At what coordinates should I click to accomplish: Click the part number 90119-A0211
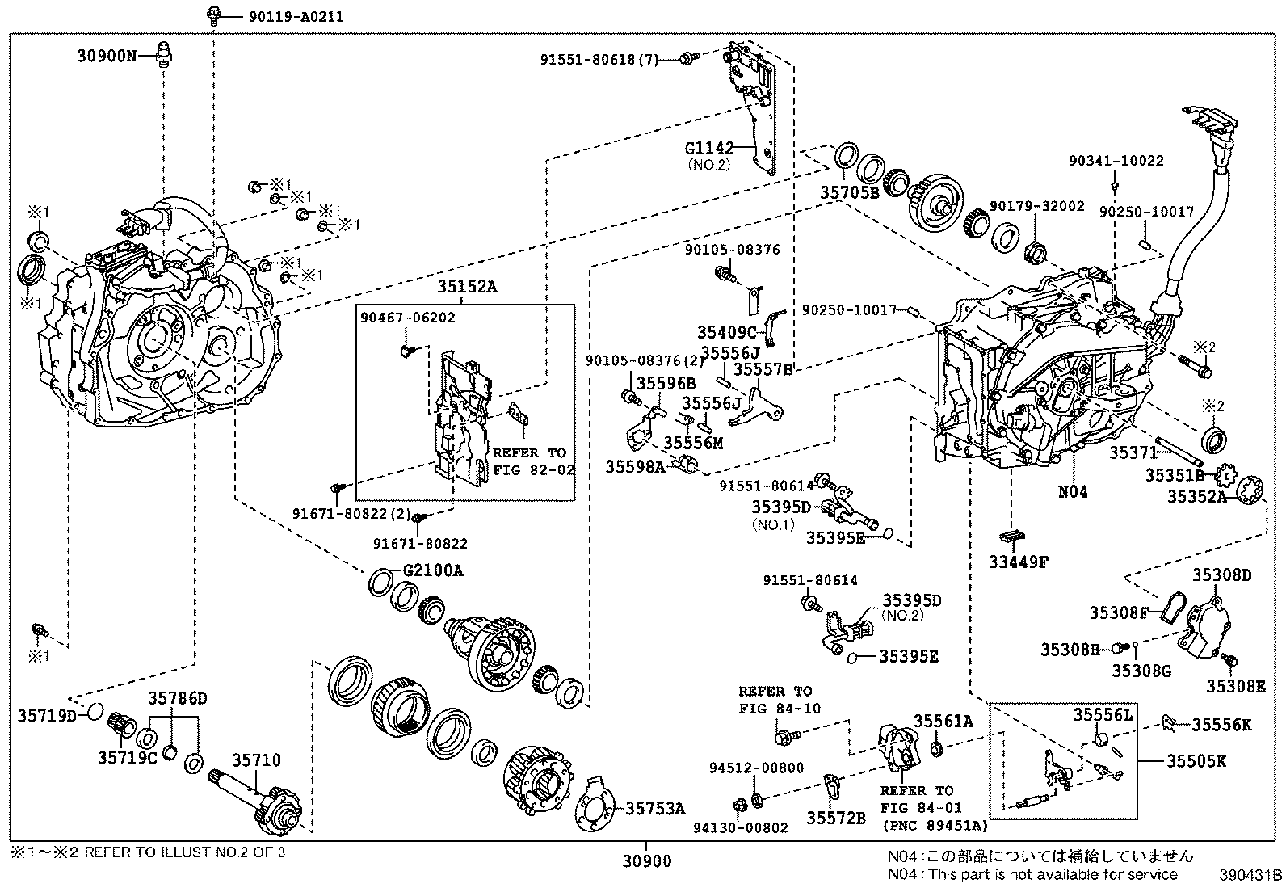point(279,16)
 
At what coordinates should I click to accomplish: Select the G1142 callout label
point(709,149)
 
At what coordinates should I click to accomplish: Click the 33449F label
point(1018,562)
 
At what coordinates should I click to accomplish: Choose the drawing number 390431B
point(1250,875)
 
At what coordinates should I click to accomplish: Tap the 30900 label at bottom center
point(646,862)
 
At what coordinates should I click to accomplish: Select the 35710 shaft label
point(257,760)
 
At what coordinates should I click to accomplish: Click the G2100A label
point(433,570)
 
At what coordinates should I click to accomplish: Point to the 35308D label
point(1221,575)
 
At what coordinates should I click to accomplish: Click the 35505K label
point(1196,761)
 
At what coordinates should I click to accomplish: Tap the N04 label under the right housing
point(1073,490)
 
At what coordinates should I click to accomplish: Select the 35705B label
point(849,193)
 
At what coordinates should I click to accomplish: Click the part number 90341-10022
point(1116,161)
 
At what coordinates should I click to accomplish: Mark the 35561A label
point(943,721)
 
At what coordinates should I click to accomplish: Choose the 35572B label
point(835,818)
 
